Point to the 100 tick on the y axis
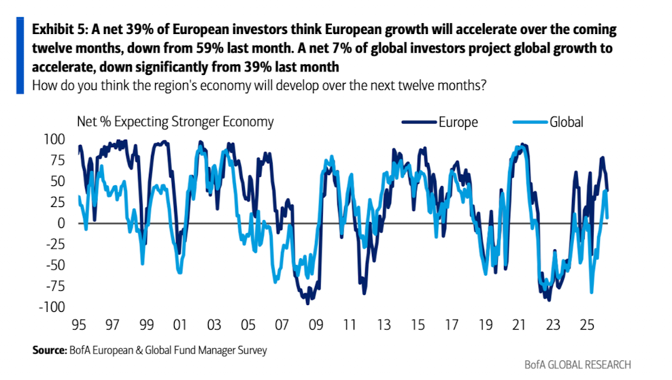pos(55,139)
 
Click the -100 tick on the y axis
pos(52,307)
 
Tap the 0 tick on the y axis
pos(61,223)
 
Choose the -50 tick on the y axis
pos(55,266)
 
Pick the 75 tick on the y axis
pos(57,160)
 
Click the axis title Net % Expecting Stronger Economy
pos(175,122)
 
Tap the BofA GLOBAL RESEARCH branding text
pos(577,365)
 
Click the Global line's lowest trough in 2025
pos(592,293)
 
